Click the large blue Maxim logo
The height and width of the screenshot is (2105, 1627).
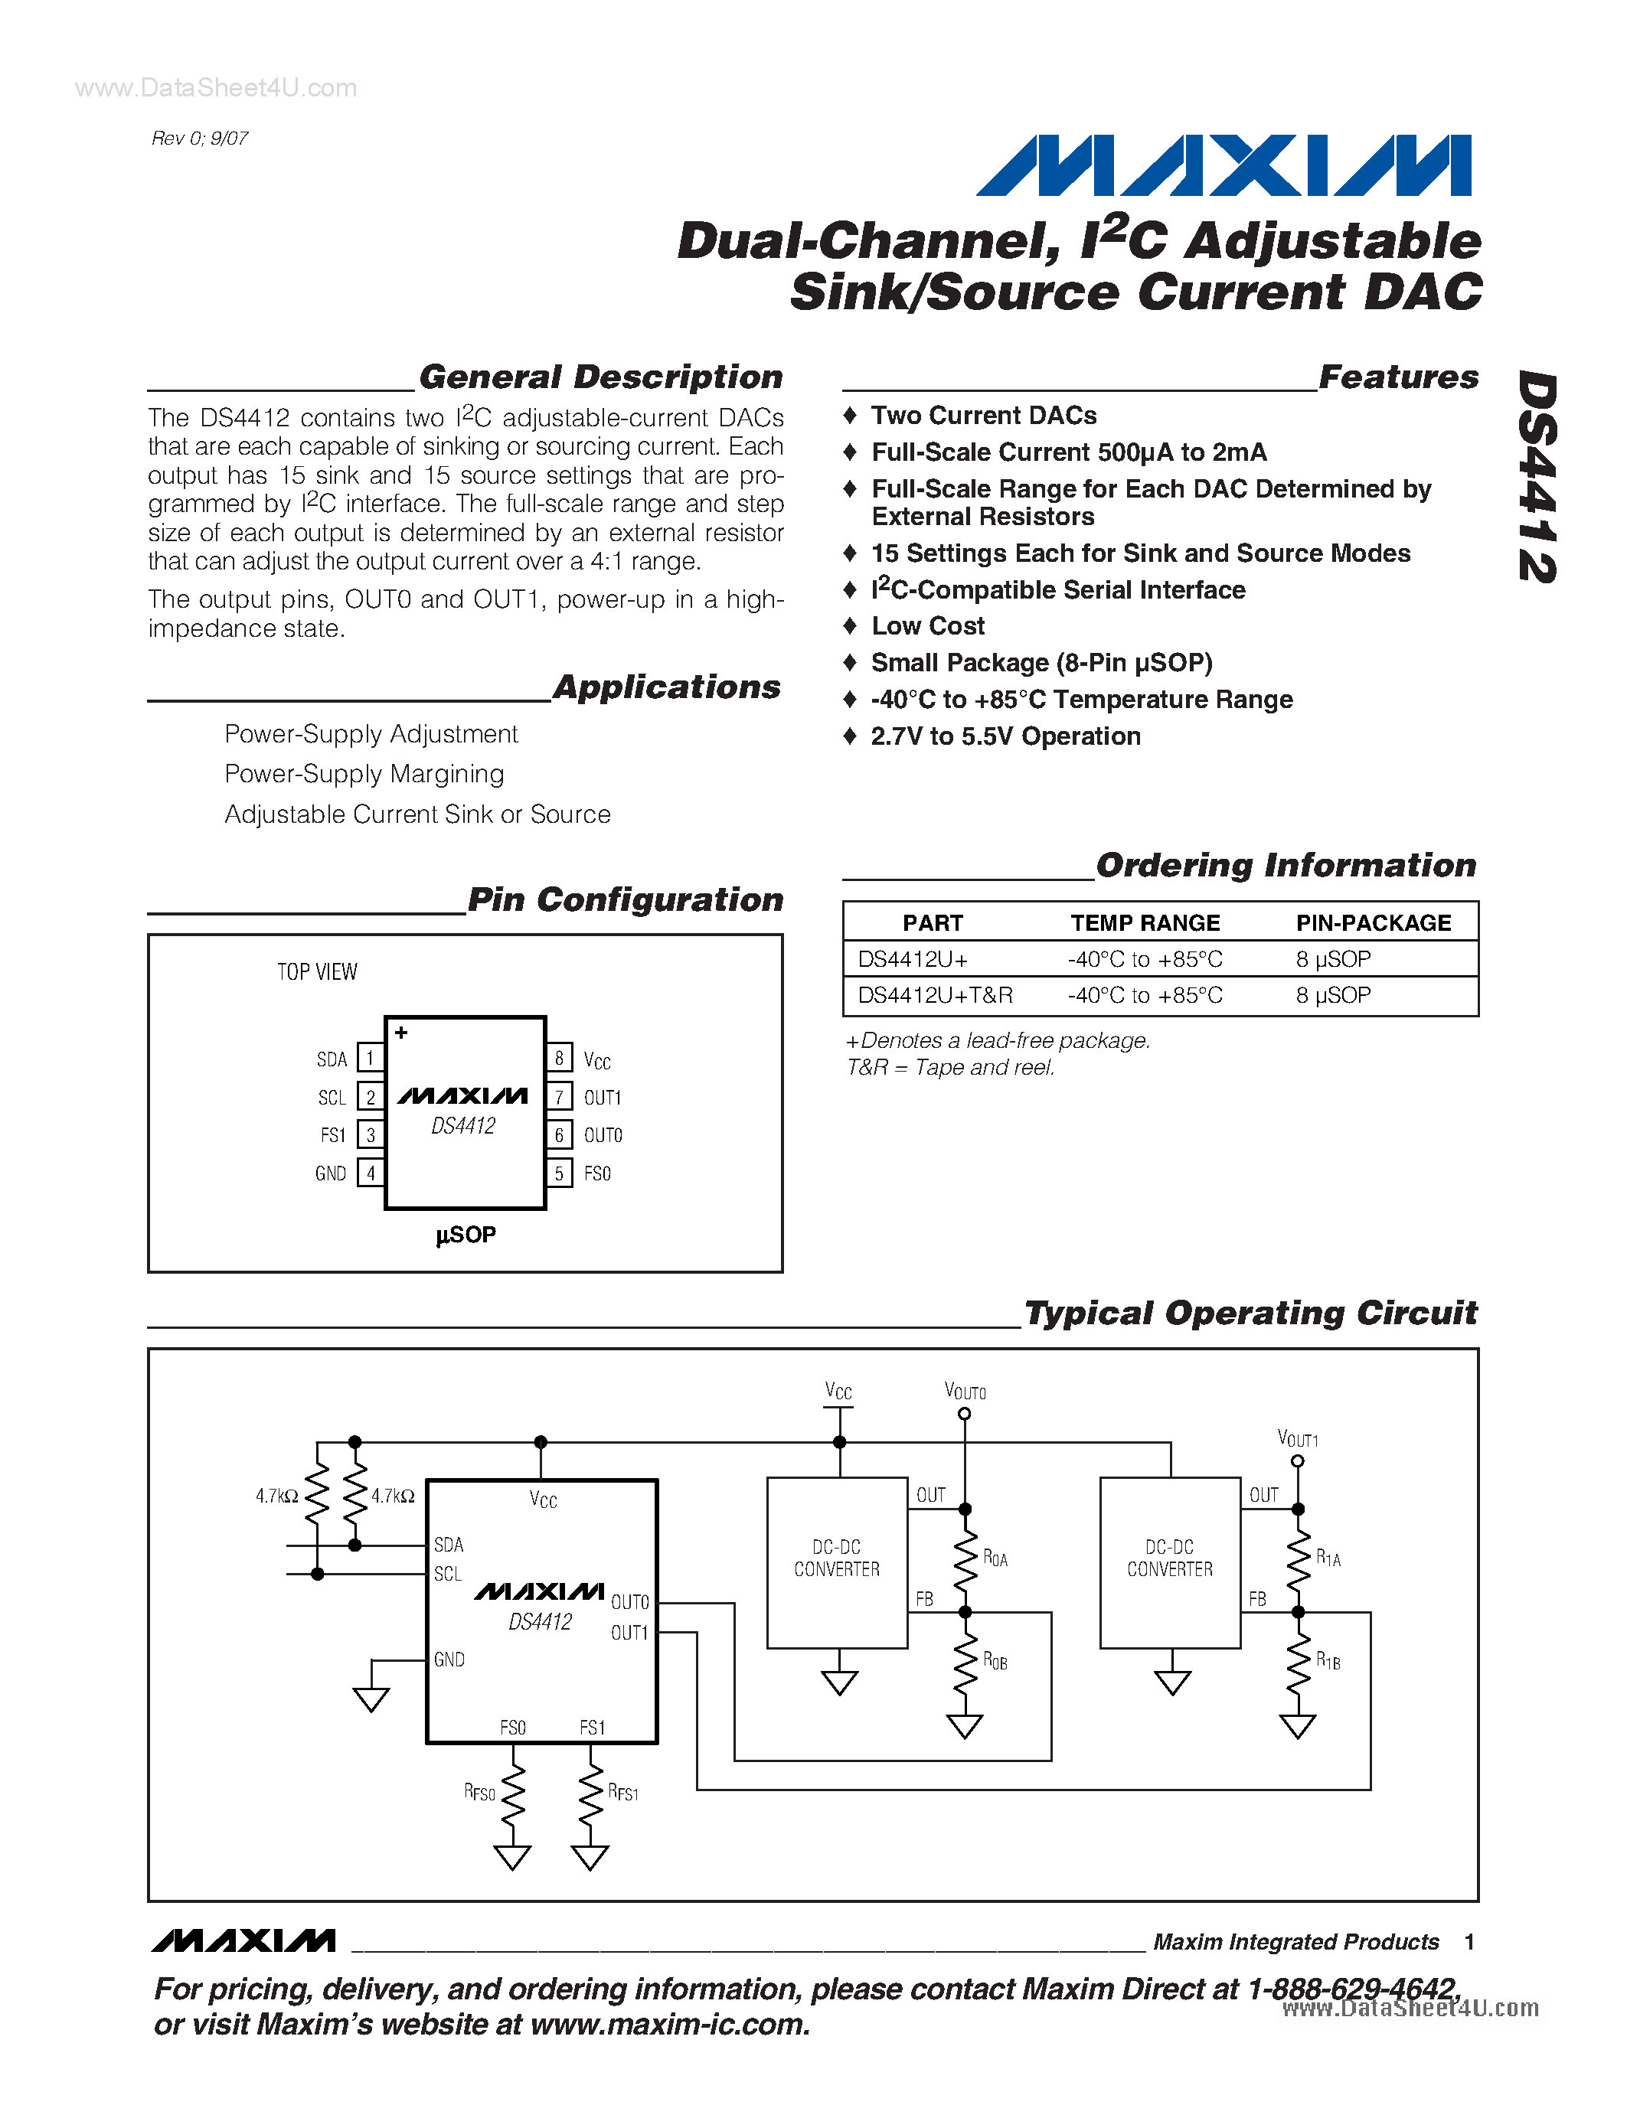click(x=1224, y=166)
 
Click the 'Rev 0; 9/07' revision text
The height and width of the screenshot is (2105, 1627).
click(x=200, y=139)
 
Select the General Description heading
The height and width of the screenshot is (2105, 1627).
click(x=600, y=377)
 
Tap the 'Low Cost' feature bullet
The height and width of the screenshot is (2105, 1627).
click(x=927, y=626)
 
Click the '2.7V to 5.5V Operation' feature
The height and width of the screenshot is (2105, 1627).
click(x=1005, y=736)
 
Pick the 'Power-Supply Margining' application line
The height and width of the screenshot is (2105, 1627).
click(x=364, y=774)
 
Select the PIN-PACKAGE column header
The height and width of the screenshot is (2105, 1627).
click(x=1373, y=922)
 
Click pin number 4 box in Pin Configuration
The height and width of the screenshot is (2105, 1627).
click(x=370, y=1173)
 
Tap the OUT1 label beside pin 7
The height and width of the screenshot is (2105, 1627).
click(x=603, y=1097)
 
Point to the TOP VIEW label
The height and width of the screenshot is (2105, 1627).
click(x=317, y=971)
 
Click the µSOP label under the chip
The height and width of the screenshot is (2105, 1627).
click(x=466, y=1235)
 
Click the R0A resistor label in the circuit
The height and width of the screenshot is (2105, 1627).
click(x=995, y=1558)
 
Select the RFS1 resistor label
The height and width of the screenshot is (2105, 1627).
click(x=622, y=1793)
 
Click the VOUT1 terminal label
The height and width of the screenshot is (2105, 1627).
click(x=1297, y=1439)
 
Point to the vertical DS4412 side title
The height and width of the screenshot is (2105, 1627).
click(x=1537, y=477)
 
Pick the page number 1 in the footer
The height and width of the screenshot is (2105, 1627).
click(x=1469, y=1942)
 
